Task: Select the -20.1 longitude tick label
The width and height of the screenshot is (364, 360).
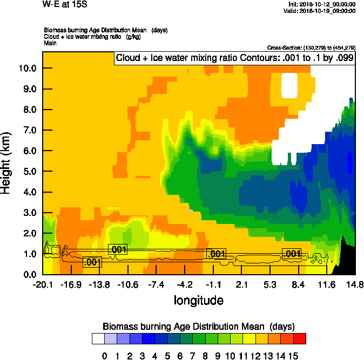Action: point(43,285)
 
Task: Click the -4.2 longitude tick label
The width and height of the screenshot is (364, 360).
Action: point(185,285)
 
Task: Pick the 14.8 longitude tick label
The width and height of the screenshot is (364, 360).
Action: point(355,285)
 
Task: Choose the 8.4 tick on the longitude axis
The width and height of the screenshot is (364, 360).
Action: point(298,285)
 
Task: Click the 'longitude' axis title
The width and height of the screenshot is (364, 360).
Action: point(198,300)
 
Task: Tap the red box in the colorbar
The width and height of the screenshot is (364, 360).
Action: point(300,338)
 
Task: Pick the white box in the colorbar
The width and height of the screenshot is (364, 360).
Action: point(98,338)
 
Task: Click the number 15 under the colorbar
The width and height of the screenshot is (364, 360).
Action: point(294,356)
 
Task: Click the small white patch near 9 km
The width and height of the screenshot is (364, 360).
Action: point(290,85)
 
